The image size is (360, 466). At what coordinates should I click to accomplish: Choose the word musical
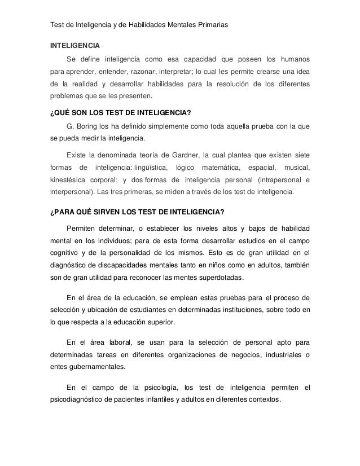point(297,168)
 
